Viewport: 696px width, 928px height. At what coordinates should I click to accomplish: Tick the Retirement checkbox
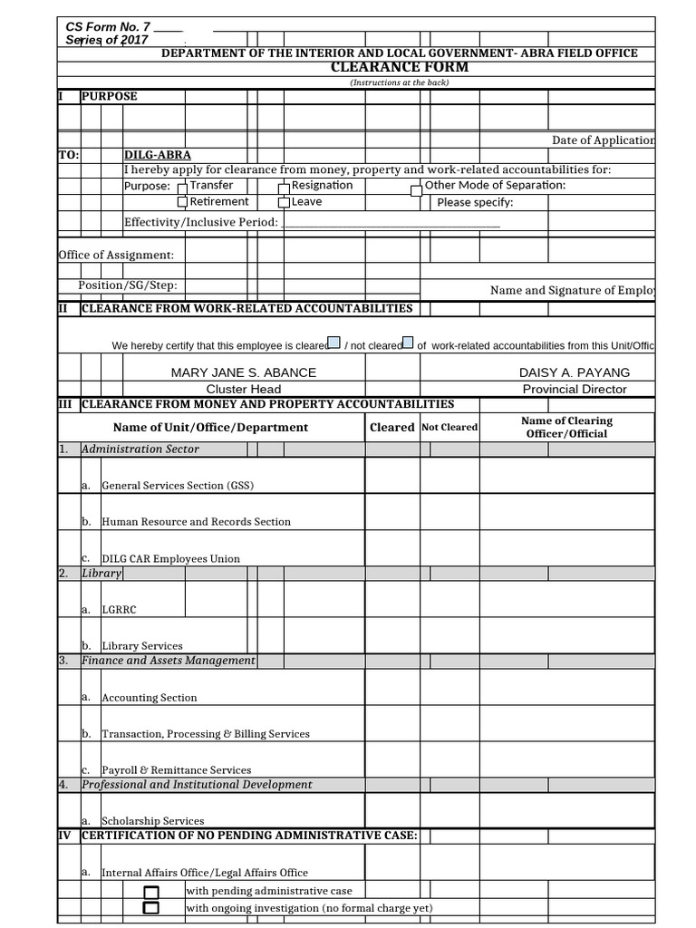pos(182,203)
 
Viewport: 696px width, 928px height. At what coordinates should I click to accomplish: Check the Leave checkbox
pos(284,203)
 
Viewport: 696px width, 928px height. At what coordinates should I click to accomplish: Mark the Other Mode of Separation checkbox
pos(416,190)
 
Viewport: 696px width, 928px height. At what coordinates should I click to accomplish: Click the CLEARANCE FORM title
pos(400,68)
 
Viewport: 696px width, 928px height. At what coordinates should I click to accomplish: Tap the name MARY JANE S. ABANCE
pos(244,372)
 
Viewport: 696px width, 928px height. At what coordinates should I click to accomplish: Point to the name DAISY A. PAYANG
pos(574,372)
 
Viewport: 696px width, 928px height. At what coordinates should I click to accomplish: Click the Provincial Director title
pos(574,389)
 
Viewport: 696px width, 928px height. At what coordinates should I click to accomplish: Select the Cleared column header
pos(391,427)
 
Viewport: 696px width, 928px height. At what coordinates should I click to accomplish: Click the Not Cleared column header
pos(449,427)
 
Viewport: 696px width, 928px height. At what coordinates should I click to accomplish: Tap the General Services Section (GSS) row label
pos(178,486)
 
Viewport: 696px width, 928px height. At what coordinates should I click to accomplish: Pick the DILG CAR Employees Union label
pos(170,559)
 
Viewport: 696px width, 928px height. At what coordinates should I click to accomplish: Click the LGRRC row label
pos(119,610)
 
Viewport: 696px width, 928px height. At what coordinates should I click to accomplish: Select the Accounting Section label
pos(149,698)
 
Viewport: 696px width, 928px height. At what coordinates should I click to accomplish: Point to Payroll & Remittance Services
pos(176,770)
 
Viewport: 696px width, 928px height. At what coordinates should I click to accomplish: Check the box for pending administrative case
pos(151,893)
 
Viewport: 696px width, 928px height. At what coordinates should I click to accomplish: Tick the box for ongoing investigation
pos(151,908)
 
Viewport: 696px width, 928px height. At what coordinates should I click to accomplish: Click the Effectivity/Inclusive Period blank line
pos(391,223)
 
